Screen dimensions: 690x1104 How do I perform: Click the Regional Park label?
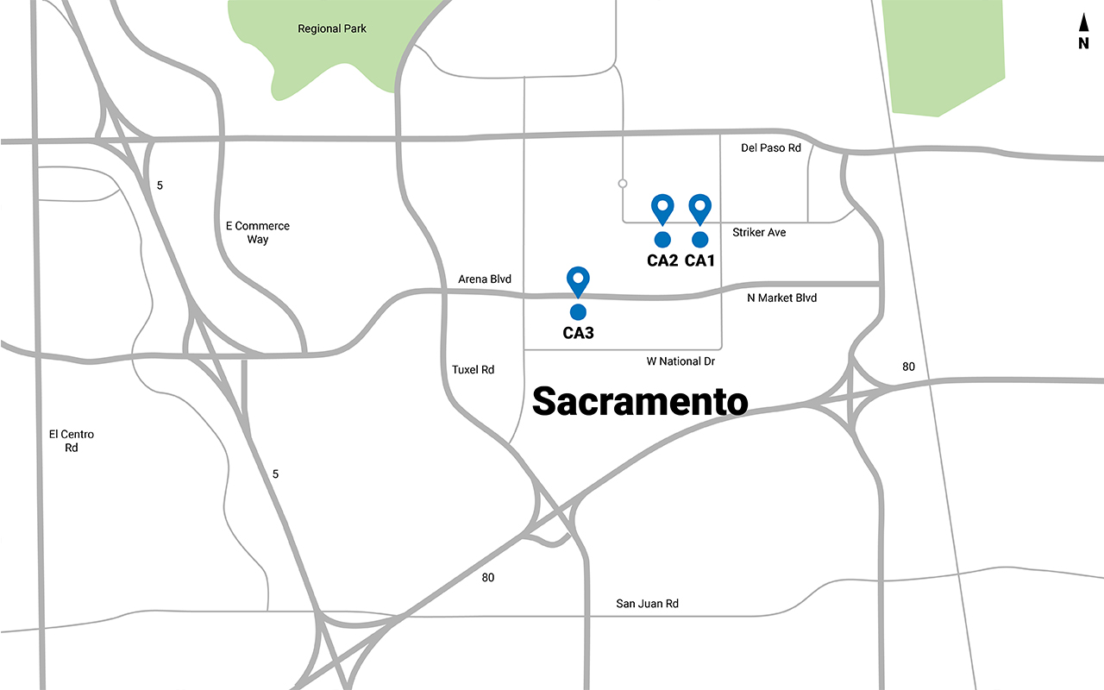point(331,28)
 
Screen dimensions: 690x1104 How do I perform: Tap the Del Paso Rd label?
point(771,147)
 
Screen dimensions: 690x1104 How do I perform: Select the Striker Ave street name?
point(759,232)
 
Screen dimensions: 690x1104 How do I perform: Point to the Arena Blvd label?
point(485,279)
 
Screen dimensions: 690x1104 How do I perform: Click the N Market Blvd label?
point(781,298)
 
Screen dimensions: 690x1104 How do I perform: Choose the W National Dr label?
point(681,361)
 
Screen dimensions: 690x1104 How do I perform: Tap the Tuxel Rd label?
point(473,369)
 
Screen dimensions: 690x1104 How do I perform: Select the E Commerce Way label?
point(257,232)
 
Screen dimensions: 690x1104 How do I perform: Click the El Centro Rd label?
point(71,441)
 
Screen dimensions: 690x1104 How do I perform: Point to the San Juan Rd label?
point(647,604)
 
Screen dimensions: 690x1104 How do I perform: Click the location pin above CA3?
point(578,281)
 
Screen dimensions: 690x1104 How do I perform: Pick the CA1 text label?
point(700,260)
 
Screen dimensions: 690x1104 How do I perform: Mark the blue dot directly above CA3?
point(578,311)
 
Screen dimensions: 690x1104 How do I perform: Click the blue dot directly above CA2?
point(662,239)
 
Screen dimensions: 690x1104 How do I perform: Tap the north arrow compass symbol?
point(1083,33)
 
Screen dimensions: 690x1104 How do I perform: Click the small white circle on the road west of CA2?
point(622,183)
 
